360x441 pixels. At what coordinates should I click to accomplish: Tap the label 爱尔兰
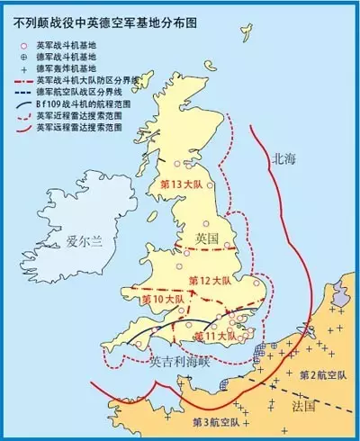(x=86, y=241)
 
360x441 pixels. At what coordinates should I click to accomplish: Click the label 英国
(x=206, y=238)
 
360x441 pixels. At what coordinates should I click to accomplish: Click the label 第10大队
(x=163, y=297)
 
